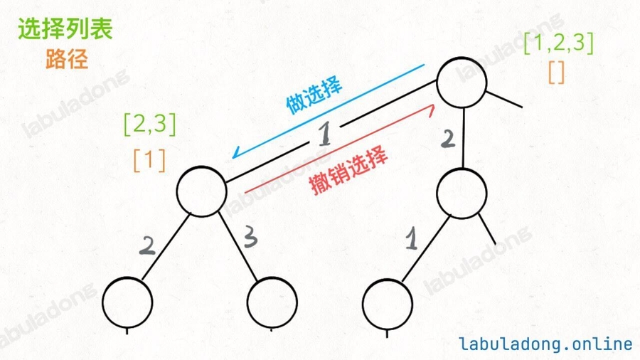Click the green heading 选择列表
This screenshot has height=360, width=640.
tap(65, 31)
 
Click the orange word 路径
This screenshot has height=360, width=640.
tap(67, 60)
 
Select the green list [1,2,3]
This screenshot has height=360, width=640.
tap(558, 43)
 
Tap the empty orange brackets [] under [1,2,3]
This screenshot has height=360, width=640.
tap(557, 73)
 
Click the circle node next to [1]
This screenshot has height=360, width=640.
tap(201, 190)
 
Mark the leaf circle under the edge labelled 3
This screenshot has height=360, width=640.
tap(272, 302)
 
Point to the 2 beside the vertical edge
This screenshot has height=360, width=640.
tap(447, 139)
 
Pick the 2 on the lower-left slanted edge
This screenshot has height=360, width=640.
tap(147, 245)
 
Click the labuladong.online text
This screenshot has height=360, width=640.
tap(545, 344)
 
